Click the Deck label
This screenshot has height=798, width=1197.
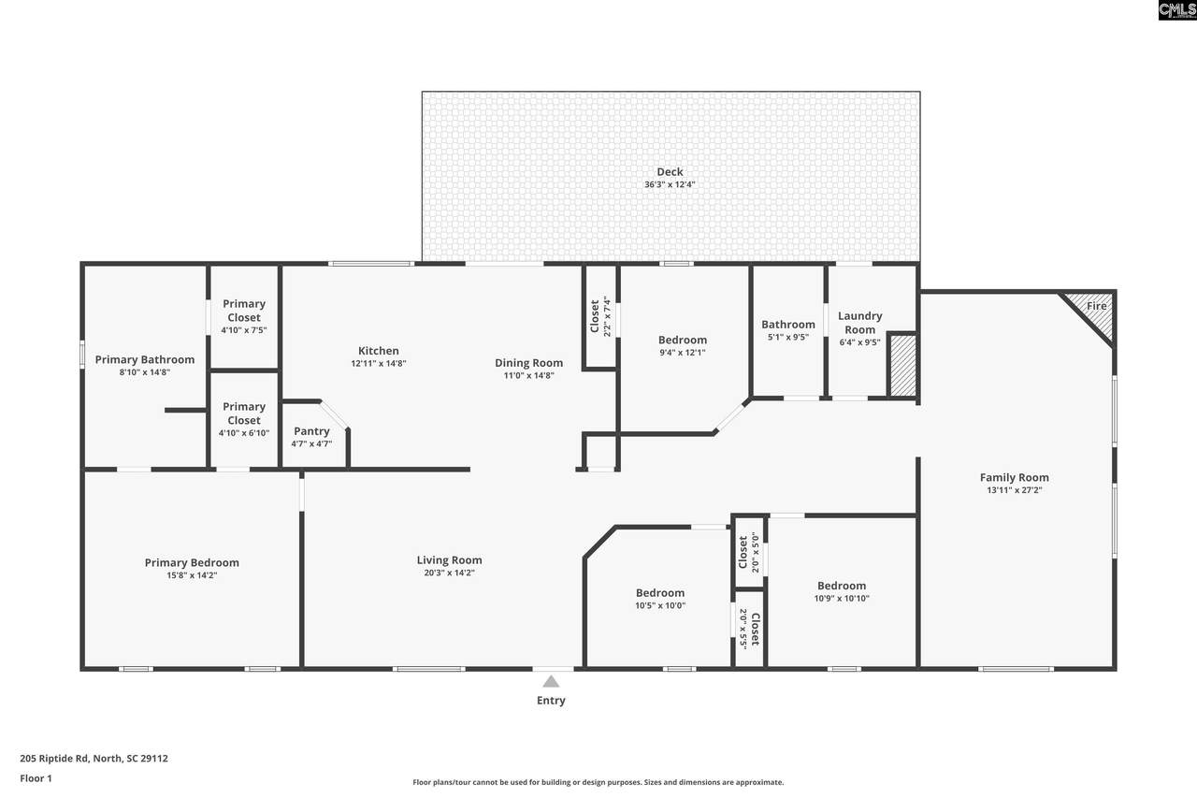670,171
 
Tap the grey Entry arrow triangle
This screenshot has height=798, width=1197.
551,681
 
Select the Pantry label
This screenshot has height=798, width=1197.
311,430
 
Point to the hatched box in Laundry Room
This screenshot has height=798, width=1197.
903,365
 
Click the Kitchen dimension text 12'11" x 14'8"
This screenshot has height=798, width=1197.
379,364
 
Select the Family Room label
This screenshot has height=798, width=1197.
1015,477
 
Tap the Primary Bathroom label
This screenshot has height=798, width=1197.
145,360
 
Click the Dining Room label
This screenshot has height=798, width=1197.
528,363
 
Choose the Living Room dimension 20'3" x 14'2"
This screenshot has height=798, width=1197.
450,573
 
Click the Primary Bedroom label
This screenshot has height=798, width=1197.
192,563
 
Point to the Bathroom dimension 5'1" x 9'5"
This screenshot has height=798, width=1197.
788,338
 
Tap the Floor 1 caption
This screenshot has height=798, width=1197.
36,778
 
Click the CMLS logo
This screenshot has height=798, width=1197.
1177,10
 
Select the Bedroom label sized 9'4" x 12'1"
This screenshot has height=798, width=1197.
683,340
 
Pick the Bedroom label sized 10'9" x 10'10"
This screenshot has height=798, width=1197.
842,586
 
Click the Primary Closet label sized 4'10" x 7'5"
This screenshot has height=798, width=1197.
244,311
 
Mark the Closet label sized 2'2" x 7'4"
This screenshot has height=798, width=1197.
594,316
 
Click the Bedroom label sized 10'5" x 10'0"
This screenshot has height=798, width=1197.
660,593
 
